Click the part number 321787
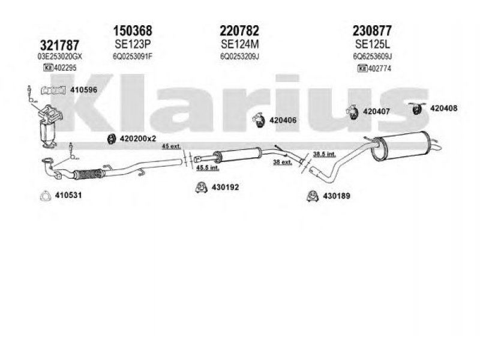[x=59, y=44]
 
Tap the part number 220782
[x=239, y=30]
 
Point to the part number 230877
[x=373, y=30]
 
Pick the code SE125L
[x=372, y=44]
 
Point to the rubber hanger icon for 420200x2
[x=111, y=139]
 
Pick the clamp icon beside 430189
[x=312, y=196]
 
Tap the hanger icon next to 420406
[x=258, y=120]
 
